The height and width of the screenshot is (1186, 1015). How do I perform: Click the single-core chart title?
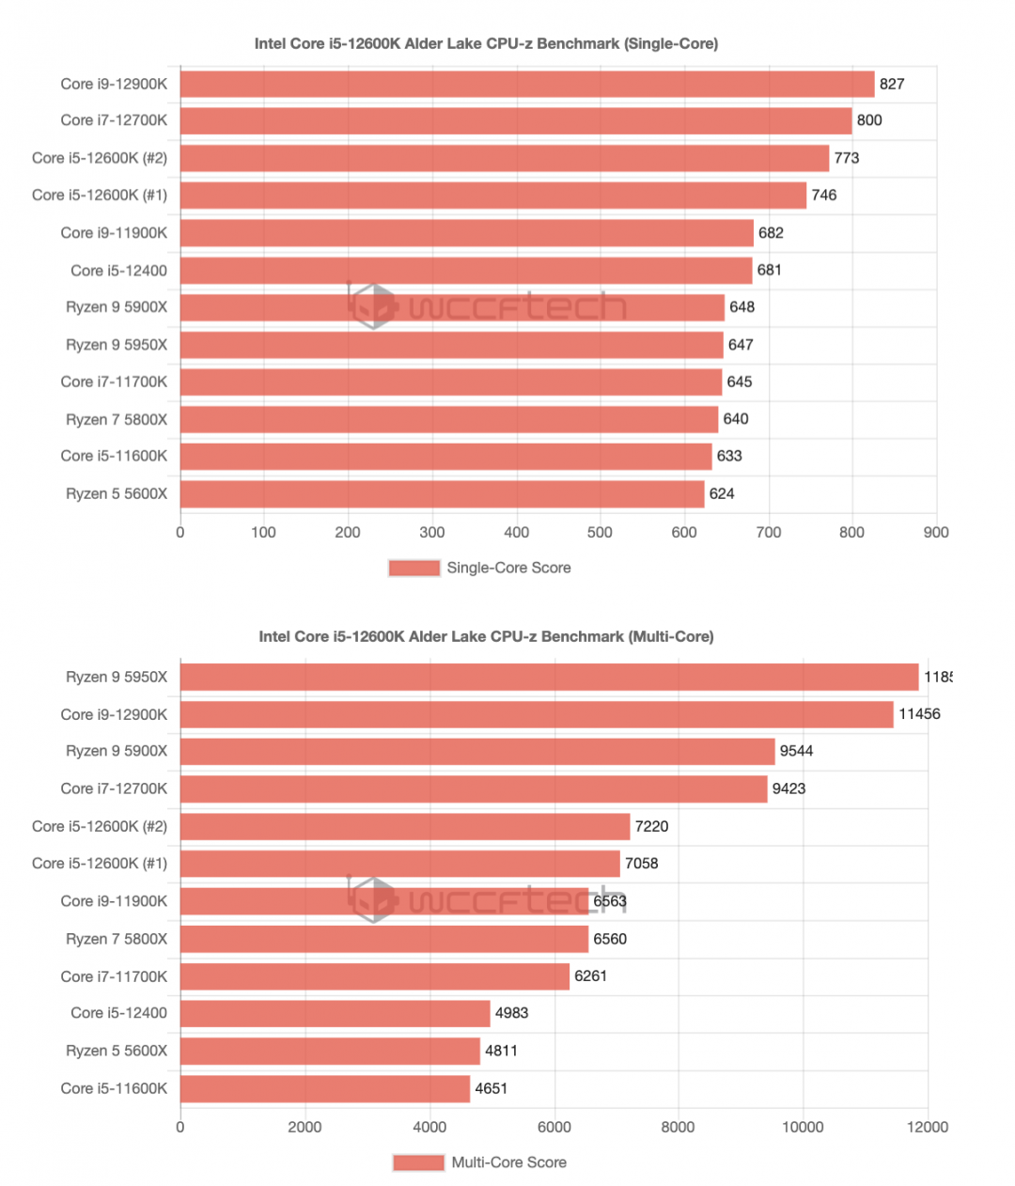point(486,43)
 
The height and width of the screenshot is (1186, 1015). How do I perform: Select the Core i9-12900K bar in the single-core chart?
point(526,84)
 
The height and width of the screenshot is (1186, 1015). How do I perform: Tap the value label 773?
point(847,158)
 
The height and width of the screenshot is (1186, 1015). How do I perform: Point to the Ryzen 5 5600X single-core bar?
point(442,493)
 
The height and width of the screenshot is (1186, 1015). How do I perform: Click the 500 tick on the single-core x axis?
point(600,532)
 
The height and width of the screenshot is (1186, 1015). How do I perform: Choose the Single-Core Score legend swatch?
point(414,568)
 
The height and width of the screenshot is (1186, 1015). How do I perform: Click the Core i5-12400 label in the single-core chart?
point(118,271)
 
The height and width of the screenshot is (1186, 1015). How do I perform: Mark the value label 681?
point(769,270)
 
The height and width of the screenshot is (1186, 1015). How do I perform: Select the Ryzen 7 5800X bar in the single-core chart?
point(448,419)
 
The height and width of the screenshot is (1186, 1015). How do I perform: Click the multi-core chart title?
point(486,636)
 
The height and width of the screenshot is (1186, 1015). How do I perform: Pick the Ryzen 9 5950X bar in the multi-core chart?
point(549,677)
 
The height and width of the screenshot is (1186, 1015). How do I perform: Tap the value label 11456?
point(919,713)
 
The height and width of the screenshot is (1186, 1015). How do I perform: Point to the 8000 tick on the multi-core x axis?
point(678,1127)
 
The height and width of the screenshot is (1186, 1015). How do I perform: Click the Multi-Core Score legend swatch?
point(418,1163)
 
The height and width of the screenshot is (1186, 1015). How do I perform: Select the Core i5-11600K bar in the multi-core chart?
point(325,1088)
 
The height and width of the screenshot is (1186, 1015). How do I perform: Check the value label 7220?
point(651,826)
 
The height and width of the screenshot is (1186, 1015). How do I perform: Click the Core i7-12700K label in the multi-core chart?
point(114,788)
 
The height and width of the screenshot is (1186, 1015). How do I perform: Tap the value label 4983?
point(511,1013)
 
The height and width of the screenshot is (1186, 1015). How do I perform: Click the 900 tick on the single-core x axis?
point(936,532)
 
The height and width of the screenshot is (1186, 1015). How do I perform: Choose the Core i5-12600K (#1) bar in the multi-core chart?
point(399,863)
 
